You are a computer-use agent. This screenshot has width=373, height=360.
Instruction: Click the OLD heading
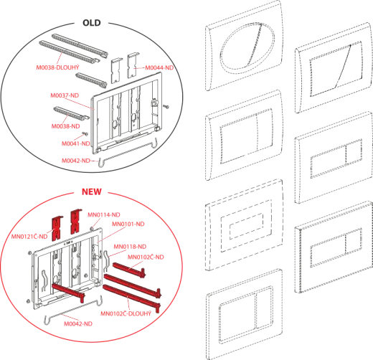point(92,23)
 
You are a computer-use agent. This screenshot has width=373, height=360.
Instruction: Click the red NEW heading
point(92,191)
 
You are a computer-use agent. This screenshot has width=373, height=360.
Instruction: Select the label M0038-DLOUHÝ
point(57,67)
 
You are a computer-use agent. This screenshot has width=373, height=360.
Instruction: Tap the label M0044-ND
point(159,68)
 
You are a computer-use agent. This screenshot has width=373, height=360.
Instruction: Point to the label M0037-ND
point(65,95)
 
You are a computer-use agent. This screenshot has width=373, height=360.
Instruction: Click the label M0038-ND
point(65,126)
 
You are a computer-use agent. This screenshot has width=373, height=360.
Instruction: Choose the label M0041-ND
point(76,143)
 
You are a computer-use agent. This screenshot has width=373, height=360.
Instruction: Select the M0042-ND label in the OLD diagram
point(76,161)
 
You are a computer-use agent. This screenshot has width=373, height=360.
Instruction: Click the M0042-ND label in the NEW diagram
point(78,323)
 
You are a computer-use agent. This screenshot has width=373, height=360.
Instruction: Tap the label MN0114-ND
point(104,215)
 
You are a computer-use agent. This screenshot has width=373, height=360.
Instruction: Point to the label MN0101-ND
point(128,224)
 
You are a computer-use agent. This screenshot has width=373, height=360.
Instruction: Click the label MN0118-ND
point(130,247)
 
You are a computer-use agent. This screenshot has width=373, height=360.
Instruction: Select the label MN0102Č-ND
point(146,257)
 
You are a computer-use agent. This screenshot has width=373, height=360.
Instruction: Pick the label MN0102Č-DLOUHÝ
point(126,313)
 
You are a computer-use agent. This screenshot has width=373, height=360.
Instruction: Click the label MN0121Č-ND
point(29,237)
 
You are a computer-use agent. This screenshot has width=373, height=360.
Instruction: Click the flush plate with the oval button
point(245,46)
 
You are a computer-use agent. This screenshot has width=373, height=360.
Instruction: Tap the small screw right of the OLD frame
point(166,106)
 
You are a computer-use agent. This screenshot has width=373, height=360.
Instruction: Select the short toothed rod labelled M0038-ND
point(71,113)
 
